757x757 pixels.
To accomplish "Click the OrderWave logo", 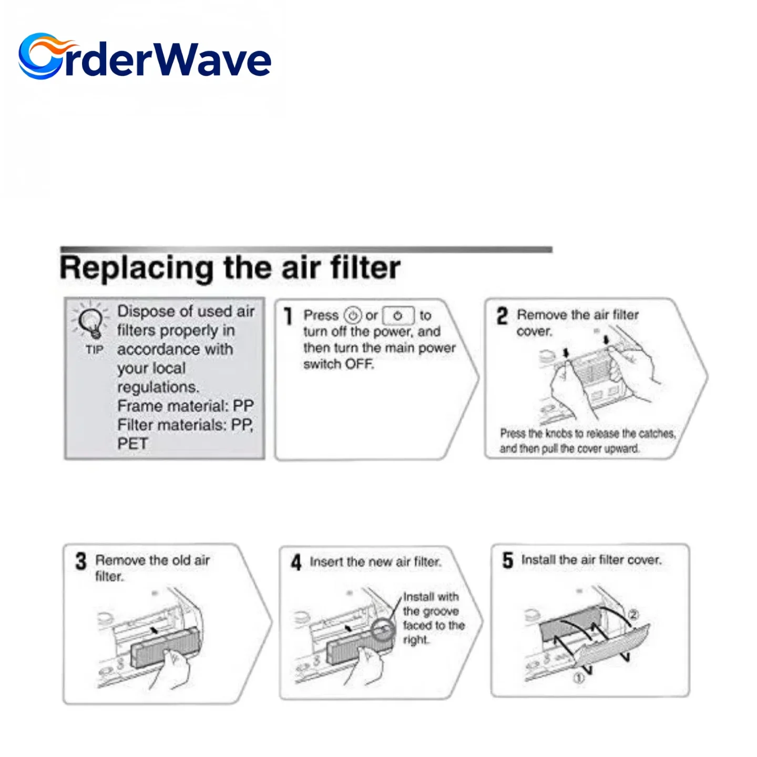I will click(145, 57).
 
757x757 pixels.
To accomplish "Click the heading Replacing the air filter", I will click(230, 268).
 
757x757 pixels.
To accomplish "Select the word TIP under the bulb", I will click(95, 350).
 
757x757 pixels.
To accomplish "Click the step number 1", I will click(288, 316).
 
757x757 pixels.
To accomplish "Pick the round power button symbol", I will click(352, 315).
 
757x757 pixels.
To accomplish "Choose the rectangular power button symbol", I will click(398, 315).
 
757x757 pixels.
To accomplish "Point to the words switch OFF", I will click(338, 364).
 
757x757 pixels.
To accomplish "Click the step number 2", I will click(502, 316).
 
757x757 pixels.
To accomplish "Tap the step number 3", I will click(80, 561).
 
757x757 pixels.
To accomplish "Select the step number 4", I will click(296, 562).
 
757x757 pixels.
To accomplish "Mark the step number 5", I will click(507, 560).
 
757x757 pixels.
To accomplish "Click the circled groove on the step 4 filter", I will click(383, 629).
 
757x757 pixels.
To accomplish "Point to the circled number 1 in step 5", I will click(578, 678).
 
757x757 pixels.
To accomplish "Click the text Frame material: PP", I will click(185, 406).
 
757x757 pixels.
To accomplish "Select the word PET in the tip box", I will click(132, 444).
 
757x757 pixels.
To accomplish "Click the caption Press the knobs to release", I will click(587, 441).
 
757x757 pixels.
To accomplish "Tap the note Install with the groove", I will click(433, 618).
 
